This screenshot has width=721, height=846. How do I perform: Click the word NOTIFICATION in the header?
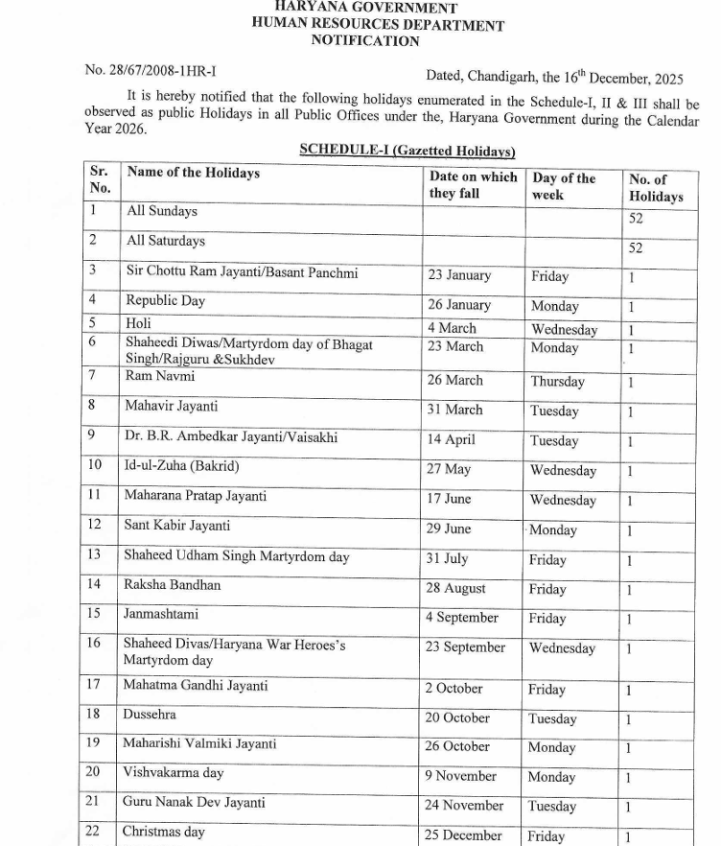[x=365, y=41]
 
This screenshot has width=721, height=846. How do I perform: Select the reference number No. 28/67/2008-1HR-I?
[x=157, y=70]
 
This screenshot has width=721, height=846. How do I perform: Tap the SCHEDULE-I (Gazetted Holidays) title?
[x=407, y=151]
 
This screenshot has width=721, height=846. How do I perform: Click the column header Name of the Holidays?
[x=193, y=173]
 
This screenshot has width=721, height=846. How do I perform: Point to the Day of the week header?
[x=564, y=186]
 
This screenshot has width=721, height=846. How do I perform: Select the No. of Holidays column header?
[x=656, y=187]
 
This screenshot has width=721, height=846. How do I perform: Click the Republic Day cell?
[x=166, y=300]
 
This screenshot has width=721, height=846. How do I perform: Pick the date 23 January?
[x=459, y=275]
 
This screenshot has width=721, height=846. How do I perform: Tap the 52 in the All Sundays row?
[x=636, y=218]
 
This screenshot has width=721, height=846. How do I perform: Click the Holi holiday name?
[x=138, y=323]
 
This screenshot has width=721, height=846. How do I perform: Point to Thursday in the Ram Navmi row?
[x=557, y=381]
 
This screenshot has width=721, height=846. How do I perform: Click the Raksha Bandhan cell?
[x=172, y=584]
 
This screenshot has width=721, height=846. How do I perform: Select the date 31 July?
[x=447, y=558]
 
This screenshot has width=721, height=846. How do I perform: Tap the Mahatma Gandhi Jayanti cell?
[x=196, y=686]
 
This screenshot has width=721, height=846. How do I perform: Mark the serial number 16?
[x=94, y=643]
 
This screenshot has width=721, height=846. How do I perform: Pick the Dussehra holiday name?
[x=150, y=715]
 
